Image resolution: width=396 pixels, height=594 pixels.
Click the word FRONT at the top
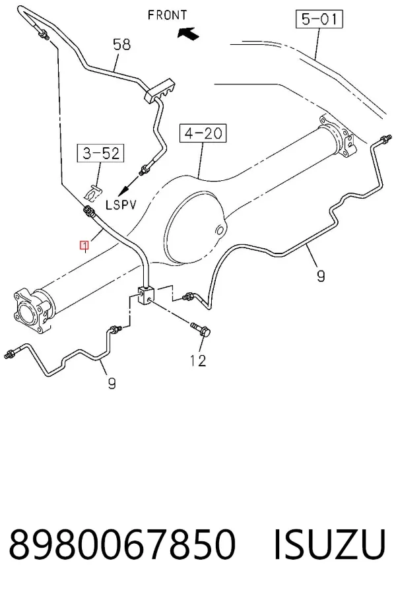coord(167,15)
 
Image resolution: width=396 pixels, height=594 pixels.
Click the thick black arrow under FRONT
coord(188,34)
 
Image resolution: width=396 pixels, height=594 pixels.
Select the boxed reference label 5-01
coord(319,19)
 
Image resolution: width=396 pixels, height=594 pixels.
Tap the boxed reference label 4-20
coord(203,133)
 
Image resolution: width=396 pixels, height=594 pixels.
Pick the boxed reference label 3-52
coord(101,153)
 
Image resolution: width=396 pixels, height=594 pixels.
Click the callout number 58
coord(122,44)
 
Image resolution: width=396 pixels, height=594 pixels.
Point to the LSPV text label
coord(121,205)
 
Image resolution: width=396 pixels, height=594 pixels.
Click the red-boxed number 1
coord(84,246)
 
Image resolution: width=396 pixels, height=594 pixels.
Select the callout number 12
coord(198,360)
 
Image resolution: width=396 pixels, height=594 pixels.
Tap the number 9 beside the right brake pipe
coord(321,276)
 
